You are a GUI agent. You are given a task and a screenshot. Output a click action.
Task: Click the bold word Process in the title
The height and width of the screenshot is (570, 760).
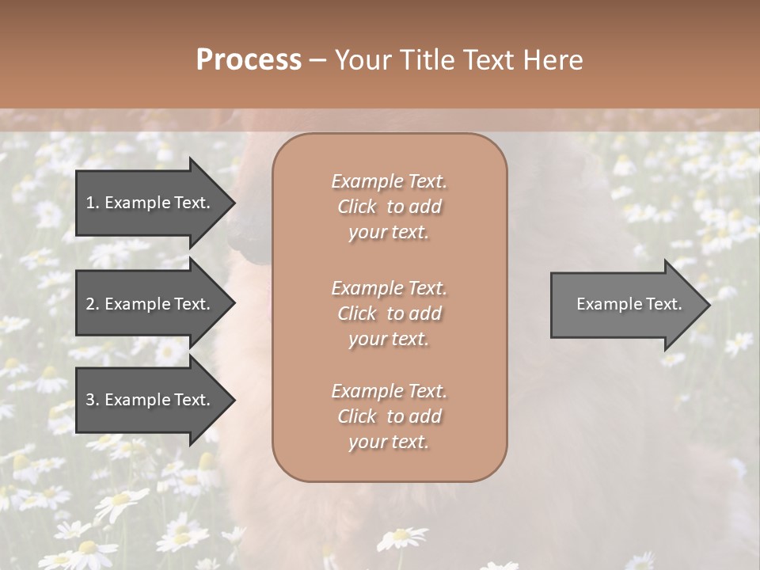pos(249,60)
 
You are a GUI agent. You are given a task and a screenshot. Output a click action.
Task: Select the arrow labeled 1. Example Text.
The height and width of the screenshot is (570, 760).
pos(150,203)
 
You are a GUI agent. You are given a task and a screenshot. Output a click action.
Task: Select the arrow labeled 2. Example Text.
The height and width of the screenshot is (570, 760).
pos(150,304)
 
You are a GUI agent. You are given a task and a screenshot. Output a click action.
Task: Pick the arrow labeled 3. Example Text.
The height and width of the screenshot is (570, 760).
pos(150,400)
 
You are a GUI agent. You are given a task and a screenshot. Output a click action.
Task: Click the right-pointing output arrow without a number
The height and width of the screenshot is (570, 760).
pos(625,304)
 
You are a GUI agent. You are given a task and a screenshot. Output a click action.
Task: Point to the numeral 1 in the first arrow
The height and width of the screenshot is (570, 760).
pos(90,203)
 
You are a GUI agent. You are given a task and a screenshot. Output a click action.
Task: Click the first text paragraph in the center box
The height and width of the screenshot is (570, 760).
pos(389,207)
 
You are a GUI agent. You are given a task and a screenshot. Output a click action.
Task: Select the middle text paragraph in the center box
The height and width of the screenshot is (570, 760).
pos(389,313)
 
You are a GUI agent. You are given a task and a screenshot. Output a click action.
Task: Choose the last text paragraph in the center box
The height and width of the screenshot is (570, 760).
pos(389,416)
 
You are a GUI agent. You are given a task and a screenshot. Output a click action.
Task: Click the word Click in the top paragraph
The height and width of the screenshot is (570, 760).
pos(357,207)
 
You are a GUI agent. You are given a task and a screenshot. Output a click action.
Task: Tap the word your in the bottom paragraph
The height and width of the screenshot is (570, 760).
pos(367,442)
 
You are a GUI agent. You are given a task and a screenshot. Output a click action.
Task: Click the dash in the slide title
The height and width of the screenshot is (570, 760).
pos(318,60)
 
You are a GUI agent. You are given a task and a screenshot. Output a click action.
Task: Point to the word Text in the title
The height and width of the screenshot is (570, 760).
pos(490,60)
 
